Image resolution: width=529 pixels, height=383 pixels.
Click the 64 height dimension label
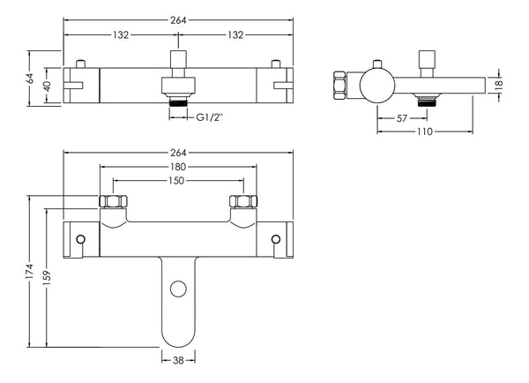[31, 78]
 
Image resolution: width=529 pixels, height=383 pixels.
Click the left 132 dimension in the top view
[121, 35]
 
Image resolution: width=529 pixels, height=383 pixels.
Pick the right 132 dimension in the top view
[235, 35]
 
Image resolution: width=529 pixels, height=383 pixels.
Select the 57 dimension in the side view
[401, 117]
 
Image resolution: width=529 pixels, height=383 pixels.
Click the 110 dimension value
[425, 133]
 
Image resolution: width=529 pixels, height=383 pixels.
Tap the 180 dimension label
[178, 167]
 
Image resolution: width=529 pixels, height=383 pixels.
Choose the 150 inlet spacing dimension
[178, 181]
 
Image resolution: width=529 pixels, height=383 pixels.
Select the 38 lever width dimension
[178, 361]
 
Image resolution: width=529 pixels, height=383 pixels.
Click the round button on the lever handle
[178, 288]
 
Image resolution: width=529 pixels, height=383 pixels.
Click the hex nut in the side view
[337, 86]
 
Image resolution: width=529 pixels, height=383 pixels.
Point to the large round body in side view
[376, 86]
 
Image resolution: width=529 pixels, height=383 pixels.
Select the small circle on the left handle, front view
[81, 239]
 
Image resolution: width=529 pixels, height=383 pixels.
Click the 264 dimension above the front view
[178, 153]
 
